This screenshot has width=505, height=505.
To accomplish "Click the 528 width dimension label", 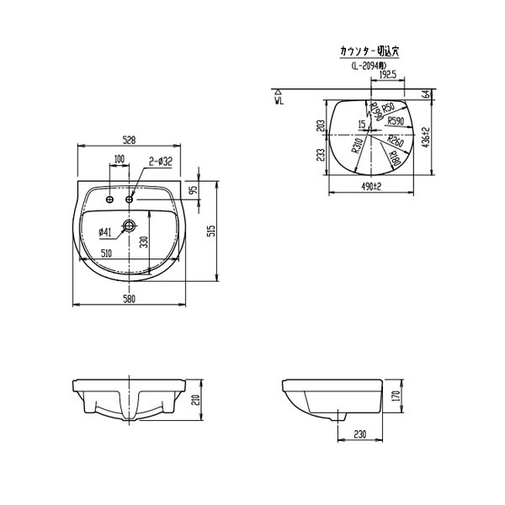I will tap(128, 139).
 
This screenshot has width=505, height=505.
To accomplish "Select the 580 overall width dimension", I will tap(128, 297).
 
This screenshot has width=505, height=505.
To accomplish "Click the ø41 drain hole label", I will tap(105, 231).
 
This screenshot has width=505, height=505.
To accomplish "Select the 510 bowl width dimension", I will tap(106, 252).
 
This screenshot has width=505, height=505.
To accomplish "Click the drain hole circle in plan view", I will tap(129, 226).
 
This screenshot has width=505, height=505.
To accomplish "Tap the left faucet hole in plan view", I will tap(109, 199).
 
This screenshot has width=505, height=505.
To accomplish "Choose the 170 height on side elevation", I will tap(394, 397).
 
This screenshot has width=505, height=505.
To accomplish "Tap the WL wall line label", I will tap(278, 99).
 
